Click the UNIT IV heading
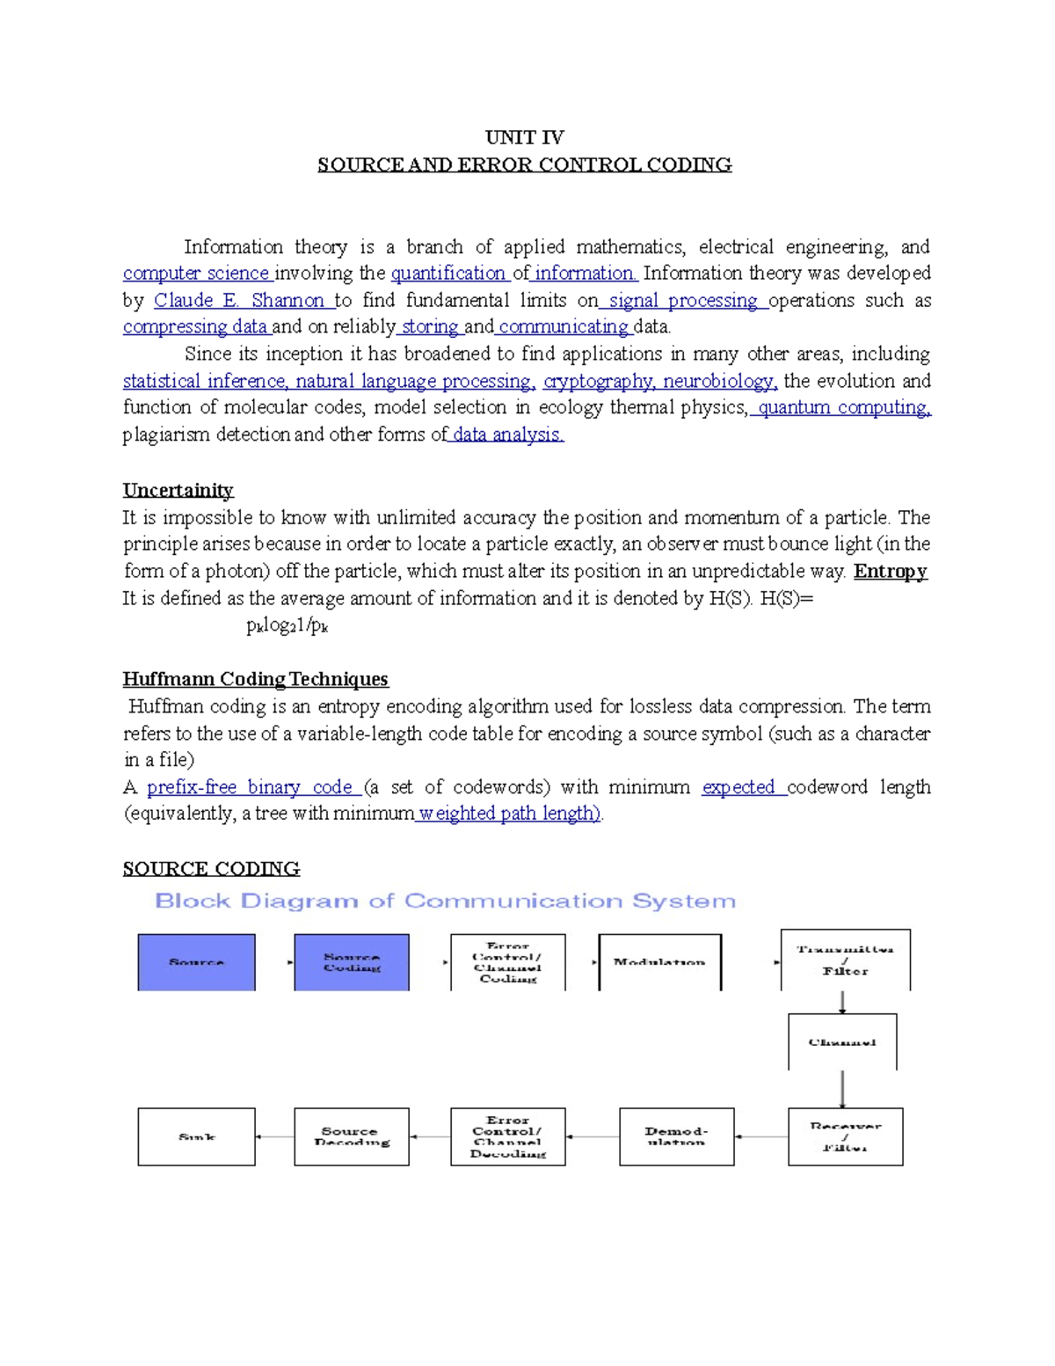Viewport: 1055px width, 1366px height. [524, 137]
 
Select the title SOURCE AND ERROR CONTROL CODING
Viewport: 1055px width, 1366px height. [524, 164]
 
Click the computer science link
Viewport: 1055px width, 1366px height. [196, 274]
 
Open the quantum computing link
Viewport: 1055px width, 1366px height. [842, 408]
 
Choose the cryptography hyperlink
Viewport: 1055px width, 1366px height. [598, 381]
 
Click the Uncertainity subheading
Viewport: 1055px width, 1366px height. [178, 490]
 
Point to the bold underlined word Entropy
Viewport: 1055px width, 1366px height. [890, 571]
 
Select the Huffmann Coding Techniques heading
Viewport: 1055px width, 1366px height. [255, 679]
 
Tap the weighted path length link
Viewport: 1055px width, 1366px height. [509, 814]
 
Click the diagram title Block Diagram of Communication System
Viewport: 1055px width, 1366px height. [445, 901]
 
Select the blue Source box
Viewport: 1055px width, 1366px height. [196, 962]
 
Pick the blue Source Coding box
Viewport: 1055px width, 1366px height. [352, 962]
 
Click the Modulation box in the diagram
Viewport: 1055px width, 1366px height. [659, 962]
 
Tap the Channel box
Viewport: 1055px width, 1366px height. [842, 1042]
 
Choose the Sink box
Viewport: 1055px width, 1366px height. [196, 1136]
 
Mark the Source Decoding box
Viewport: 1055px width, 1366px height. [352, 1136]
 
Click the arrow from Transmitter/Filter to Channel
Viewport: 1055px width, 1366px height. [843, 1003]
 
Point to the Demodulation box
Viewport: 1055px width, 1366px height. [676, 1136]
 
